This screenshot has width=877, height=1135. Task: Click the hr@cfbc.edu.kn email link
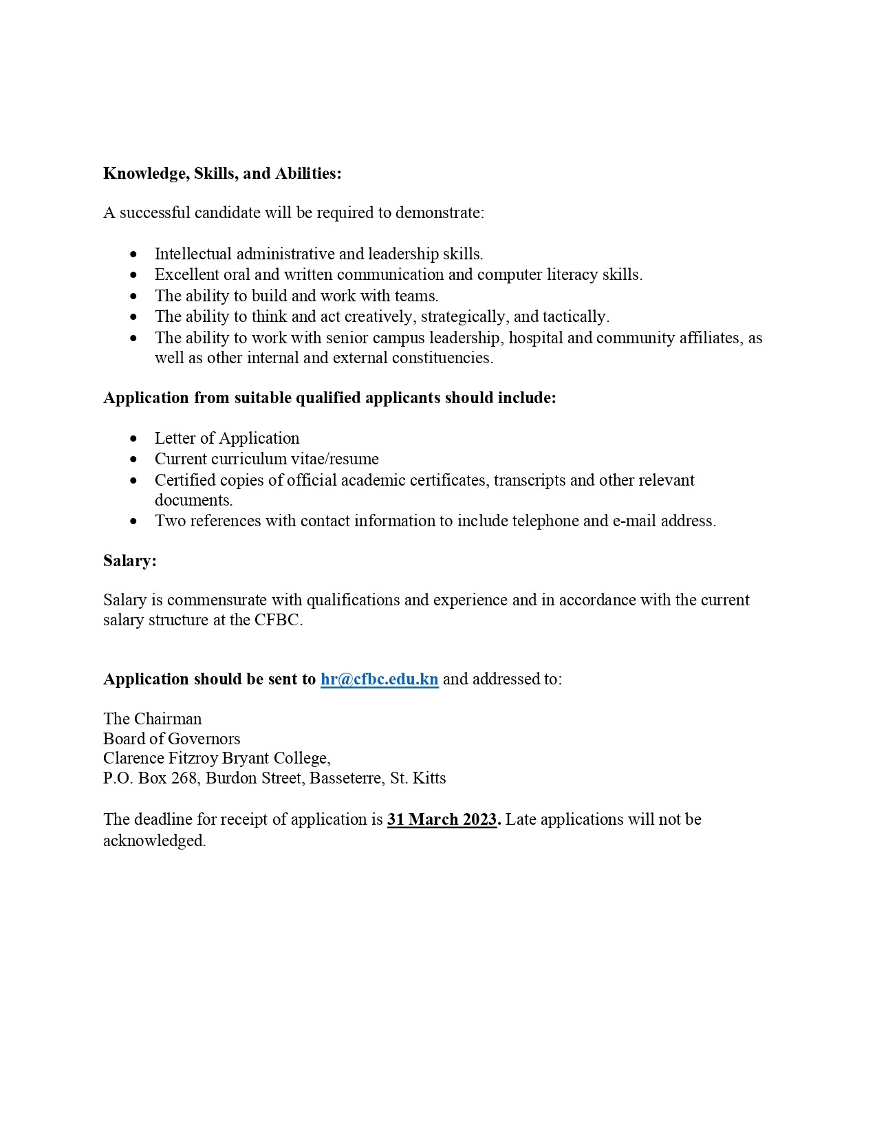click(x=379, y=679)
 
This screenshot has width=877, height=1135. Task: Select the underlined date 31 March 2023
click(x=442, y=819)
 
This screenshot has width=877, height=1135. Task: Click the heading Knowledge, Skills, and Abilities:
click(x=222, y=173)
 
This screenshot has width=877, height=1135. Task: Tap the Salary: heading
click(x=130, y=561)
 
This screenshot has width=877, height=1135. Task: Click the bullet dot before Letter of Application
click(x=133, y=439)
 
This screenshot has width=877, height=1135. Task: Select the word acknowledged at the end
click(x=153, y=841)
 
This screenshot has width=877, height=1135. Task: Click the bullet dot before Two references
click(x=133, y=521)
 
